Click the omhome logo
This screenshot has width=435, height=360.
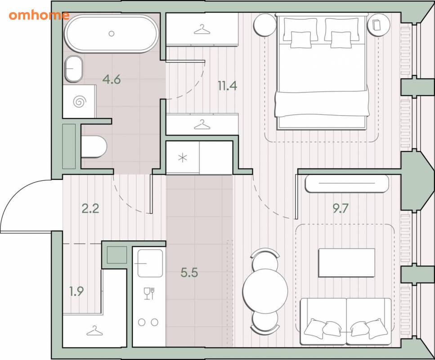(x=39, y=15)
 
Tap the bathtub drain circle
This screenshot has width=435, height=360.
(x=112, y=34)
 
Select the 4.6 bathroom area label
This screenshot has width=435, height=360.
(x=112, y=79)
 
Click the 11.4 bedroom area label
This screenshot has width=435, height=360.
(x=227, y=85)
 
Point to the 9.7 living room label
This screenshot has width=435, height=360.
(x=341, y=208)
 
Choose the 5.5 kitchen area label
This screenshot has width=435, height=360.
(x=189, y=272)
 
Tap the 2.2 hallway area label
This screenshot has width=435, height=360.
(x=90, y=208)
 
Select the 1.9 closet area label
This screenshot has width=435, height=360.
(x=76, y=291)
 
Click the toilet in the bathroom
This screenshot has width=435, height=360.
(x=94, y=147)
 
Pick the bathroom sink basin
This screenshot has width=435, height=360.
(x=74, y=69)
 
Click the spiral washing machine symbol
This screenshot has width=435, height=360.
(x=79, y=102)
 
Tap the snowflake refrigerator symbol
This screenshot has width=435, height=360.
(x=183, y=158)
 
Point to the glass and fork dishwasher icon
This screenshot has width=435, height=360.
(x=149, y=293)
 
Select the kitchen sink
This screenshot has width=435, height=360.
(x=150, y=263)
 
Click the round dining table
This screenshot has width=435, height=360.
(x=265, y=291)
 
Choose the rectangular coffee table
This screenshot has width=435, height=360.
(x=347, y=263)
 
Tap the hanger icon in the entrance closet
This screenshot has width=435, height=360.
(x=94, y=330)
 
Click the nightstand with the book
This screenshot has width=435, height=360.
(x=377, y=24)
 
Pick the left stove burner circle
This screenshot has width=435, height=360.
(x=142, y=322)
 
